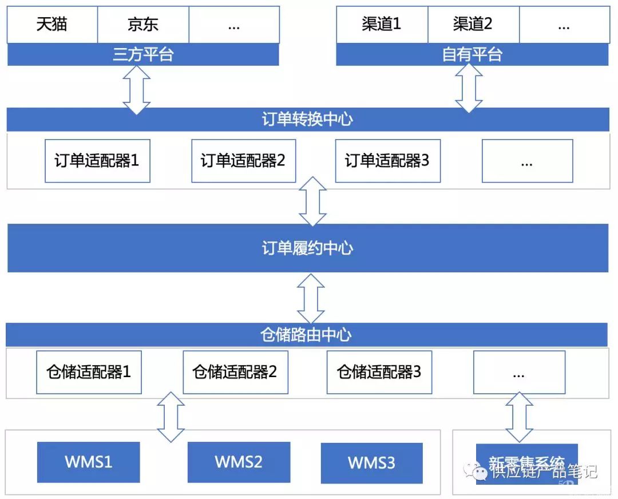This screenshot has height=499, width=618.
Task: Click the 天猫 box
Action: (52, 25)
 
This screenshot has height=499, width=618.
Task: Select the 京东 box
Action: (143, 25)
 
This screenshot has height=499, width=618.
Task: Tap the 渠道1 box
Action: (382, 25)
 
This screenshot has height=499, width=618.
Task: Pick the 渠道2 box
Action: (473, 25)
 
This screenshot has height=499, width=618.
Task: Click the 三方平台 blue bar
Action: (143, 55)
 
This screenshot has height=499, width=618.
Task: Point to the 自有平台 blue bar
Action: (472, 55)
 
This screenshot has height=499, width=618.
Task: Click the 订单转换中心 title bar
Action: (308, 120)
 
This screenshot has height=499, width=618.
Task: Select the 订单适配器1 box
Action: (97, 161)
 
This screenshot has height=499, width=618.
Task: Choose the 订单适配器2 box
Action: (243, 161)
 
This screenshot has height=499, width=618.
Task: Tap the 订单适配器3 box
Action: (387, 161)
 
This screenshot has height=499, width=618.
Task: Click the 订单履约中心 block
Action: (308, 248)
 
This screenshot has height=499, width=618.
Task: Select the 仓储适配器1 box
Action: (89, 373)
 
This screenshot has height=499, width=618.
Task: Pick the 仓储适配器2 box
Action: (235, 373)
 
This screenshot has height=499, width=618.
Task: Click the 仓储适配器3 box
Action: (379, 373)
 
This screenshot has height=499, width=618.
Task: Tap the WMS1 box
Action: (89, 462)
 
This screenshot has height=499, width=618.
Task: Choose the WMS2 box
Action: (239, 462)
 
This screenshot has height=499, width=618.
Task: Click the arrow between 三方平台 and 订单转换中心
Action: (137, 89)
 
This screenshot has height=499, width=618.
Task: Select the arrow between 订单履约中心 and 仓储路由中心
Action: (311, 298)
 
